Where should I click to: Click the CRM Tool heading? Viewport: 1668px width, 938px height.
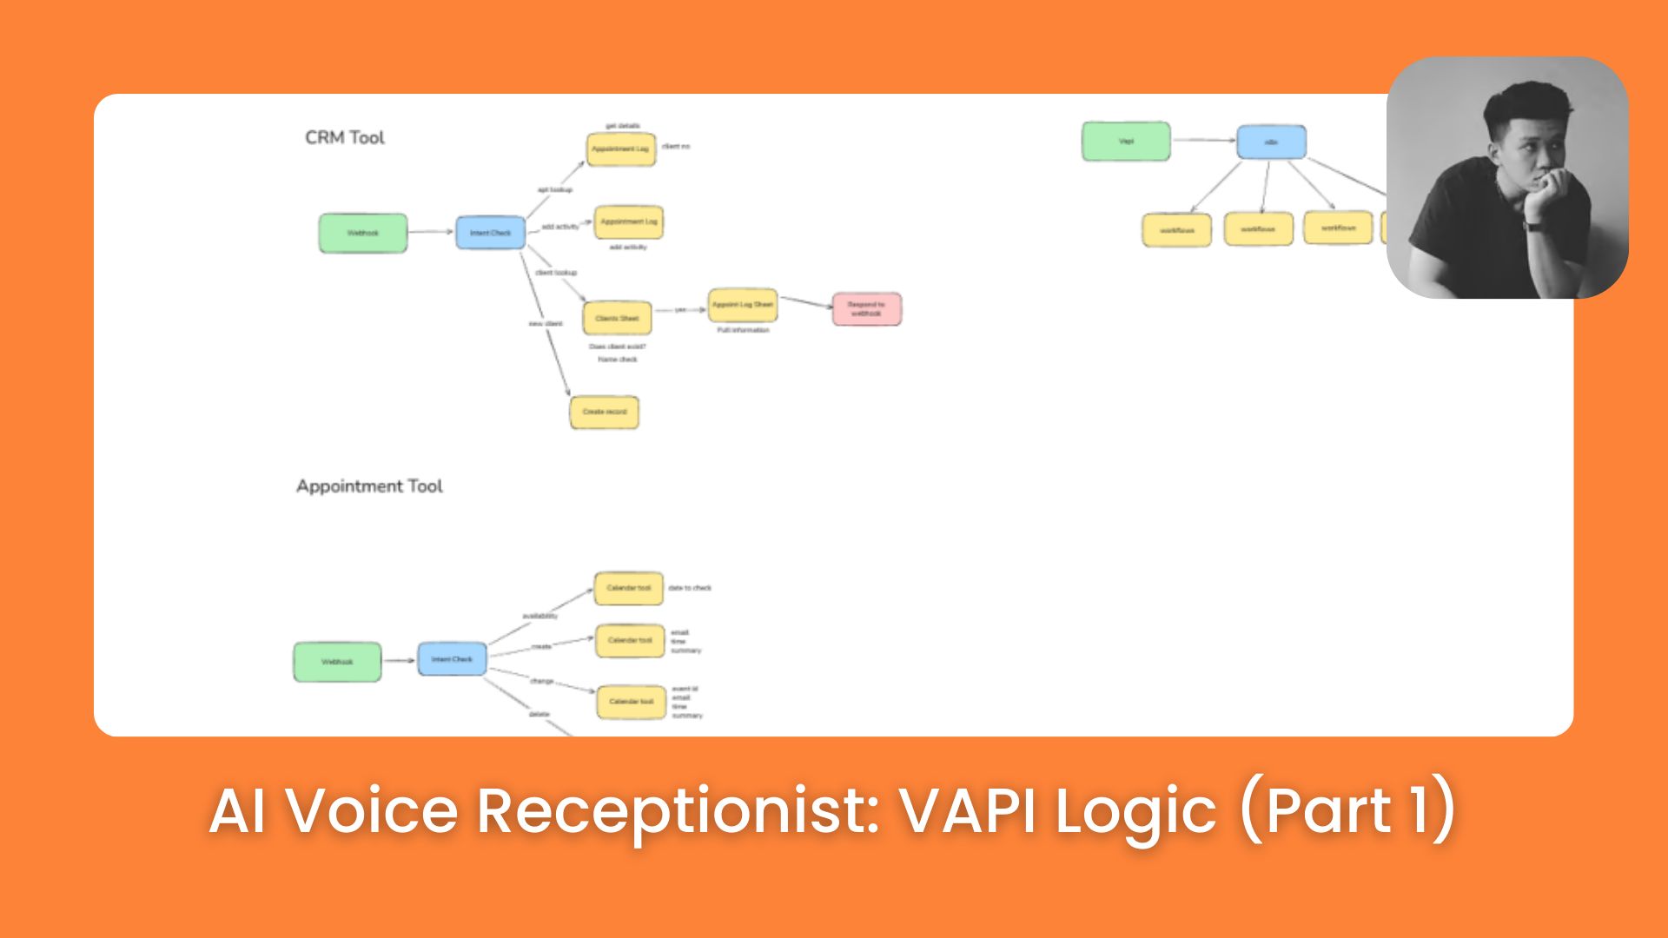[x=344, y=137]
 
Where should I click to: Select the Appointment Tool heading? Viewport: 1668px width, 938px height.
[x=369, y=486]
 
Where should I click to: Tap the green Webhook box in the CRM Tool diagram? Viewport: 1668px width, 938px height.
[x=362, y=234]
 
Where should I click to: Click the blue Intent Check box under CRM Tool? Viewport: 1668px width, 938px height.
[x=490, y=233]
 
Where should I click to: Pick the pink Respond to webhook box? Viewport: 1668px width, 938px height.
[x=866, y=309]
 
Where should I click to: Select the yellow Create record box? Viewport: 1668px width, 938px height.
[x=604, y=412]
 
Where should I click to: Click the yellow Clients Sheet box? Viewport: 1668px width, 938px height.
[x=617, y=319]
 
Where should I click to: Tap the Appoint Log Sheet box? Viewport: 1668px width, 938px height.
[x=742, y=305]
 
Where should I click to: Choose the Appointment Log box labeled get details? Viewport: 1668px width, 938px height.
[x=620, y=149]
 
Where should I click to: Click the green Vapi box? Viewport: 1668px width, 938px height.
[x=1126, y=142]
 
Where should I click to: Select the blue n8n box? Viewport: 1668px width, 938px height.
[x=1271, y=142]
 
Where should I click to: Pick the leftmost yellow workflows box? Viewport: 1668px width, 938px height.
[x=1176, y=230]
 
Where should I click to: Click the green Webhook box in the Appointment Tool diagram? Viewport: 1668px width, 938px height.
[x=337, y=662]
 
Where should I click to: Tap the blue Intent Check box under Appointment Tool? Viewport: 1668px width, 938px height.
[x=452, y=659]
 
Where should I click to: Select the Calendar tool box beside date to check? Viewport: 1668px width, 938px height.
[x=628, y=588]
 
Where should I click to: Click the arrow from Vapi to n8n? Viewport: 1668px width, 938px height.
[x=1203, y=140]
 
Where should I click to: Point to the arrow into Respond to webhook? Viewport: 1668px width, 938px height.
[x=806, y=302]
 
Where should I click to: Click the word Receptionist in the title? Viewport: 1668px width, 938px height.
[x=678, y=811]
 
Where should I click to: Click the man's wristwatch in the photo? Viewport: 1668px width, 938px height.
[x=1533, y=227]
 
